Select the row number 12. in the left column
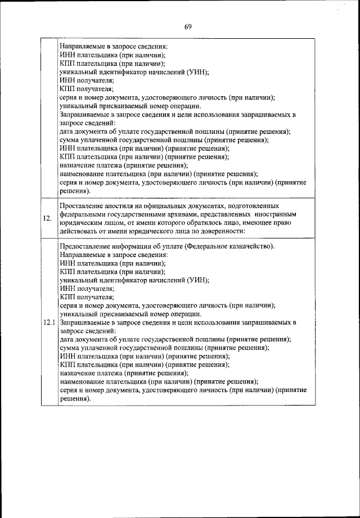(x=49, y=218)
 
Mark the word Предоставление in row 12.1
(x=84, y=246)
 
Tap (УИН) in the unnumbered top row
(x=199, y=71)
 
